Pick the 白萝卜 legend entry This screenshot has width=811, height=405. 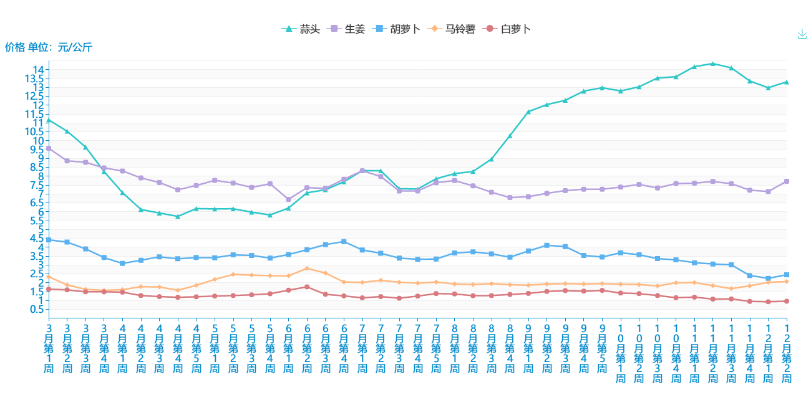pyautogui.click(x=508, y=29)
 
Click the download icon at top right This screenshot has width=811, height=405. pyautogui.click(x=802, y=34)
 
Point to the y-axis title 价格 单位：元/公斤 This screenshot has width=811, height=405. pyautogui.click(x=49, y=47)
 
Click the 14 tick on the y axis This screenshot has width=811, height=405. pyautogui.click(x=39, y=69)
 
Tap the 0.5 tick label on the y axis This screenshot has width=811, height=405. pyautogui.click(x=36, y=310)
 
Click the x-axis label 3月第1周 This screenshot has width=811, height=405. pyautogui.click(x=49, y=348)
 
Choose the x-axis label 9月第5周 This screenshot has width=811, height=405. pyautogui.click(x=602, y=348)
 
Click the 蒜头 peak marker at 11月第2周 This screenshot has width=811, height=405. pyautogui.click(x=712, y=64)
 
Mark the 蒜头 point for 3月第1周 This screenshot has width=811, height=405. pyautogui.click(x=49, y=120)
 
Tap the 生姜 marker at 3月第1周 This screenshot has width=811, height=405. pyautogui.click(x=49, y=148)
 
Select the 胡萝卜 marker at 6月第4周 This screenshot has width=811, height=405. pyautogui.click(x=344, y=242)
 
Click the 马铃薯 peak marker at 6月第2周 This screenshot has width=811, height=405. pyautogui.click(x=307, y=269)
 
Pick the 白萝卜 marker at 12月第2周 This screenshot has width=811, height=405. pyautogui.click(x=787, y=302)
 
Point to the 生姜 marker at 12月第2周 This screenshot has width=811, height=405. pyautogui.click(x=787, y=181)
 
